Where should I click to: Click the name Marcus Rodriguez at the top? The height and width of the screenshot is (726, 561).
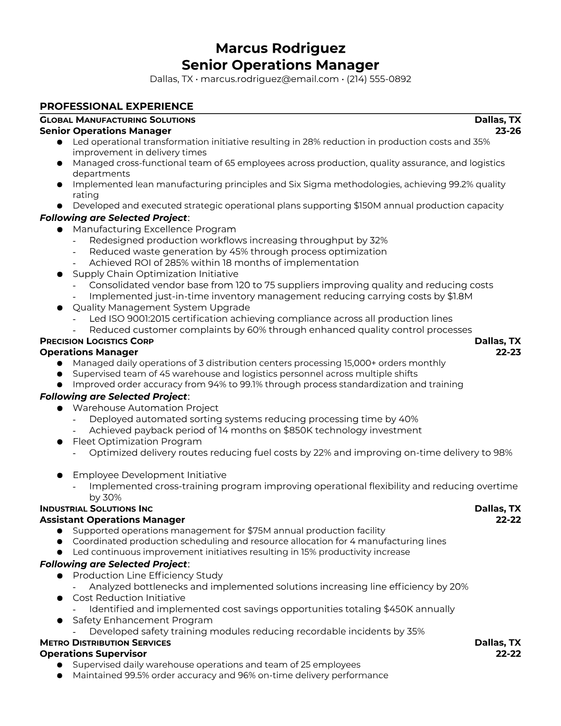(x=280, y=48)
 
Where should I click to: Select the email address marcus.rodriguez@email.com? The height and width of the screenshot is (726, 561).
(x=269, y=79)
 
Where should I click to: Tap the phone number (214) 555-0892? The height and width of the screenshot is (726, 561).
(x=379, y=79)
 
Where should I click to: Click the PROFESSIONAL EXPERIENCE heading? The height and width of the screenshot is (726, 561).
(x=116, y=106)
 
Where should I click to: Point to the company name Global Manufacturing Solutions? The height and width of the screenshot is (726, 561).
(x=117, y=120)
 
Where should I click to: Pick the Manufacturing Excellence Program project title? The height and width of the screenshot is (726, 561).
(x=154, y=229)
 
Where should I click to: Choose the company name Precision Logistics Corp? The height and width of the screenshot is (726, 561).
(x=97, y=341)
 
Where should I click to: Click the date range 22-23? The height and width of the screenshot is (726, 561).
(x=508, y=352)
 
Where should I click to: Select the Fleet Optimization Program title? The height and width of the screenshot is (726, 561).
(x=137, y=441)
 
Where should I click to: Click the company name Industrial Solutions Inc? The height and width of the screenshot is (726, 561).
(x=96, y=509)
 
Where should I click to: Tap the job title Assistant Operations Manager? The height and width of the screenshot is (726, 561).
(x=112, y=520)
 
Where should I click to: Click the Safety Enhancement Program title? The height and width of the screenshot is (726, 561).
(x=143, y=620)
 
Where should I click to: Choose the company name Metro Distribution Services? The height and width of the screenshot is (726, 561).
(x=105, y=643)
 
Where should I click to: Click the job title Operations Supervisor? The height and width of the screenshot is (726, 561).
(x=93, y=654)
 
